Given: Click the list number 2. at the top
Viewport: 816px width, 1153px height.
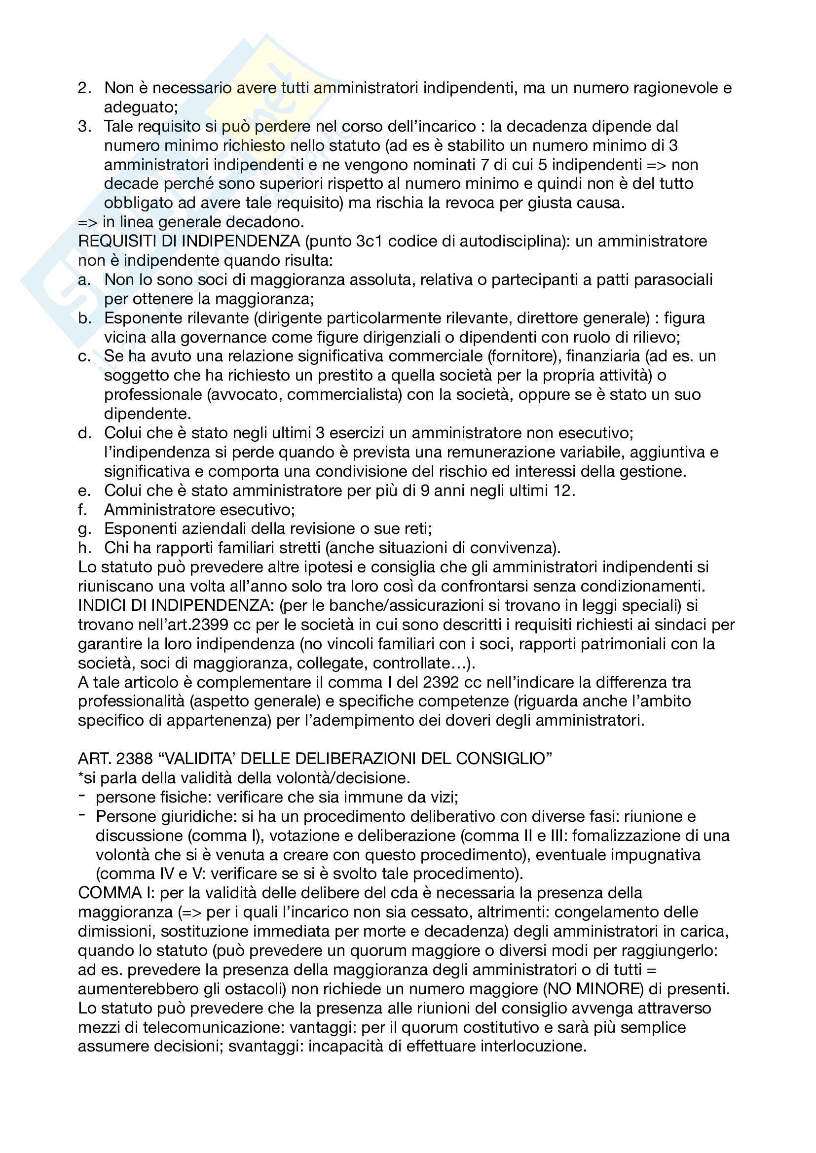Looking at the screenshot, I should click(x=84, y=88).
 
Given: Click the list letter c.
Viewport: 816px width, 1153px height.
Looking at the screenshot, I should click(x=84, y=356).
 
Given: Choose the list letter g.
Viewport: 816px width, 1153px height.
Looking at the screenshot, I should click(x=84, y=529).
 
